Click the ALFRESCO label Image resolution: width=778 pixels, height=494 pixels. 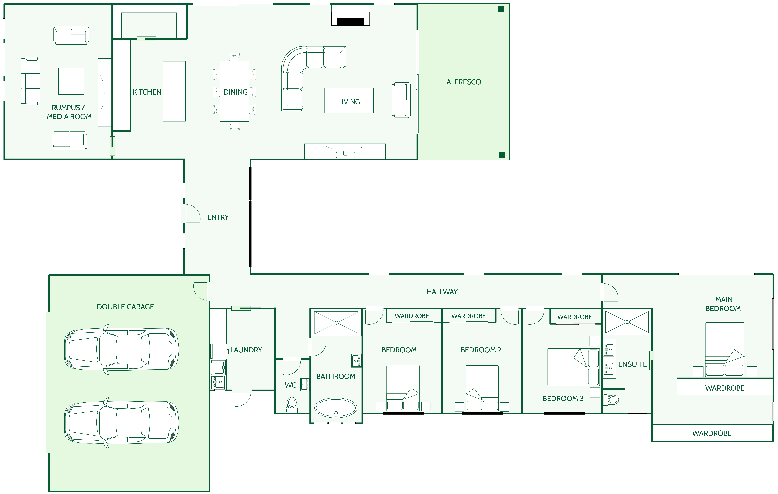[x=464, y=82]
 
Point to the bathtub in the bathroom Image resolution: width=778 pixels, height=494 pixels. [x=336, y=408]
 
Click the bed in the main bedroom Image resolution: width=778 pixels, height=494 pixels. [x=725, y=350]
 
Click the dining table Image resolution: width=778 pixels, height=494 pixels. [x=234, y=91]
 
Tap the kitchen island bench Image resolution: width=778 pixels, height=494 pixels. [x=174, y=91]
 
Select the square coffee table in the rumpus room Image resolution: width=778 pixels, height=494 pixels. [x=71, y=81]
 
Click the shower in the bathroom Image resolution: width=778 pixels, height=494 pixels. [x=336, y=322]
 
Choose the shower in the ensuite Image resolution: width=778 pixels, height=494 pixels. [x=627, y=322]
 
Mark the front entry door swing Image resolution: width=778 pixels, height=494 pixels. [x=193, y=213]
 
